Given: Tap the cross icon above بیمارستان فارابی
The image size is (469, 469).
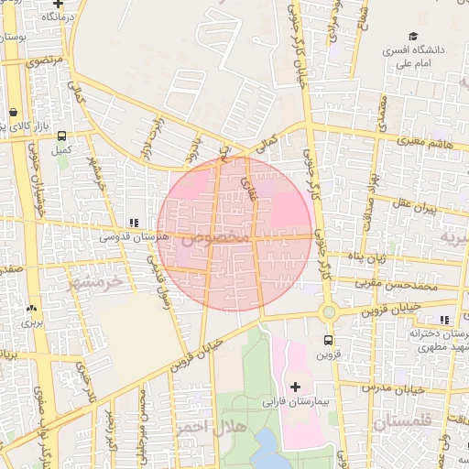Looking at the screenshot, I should pyautogui.click(x=295, y=387).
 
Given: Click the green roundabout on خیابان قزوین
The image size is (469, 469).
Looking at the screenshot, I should pyautogui.click(x=328, y=313).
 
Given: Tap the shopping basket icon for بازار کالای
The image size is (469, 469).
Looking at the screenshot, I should pyautogui.click(x=14, y=114).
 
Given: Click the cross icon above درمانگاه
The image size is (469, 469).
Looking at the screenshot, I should pyautogui.click(x=59, y=4).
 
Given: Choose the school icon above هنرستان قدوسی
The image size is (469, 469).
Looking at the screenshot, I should pyautogui.click(x=134, y=222).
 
